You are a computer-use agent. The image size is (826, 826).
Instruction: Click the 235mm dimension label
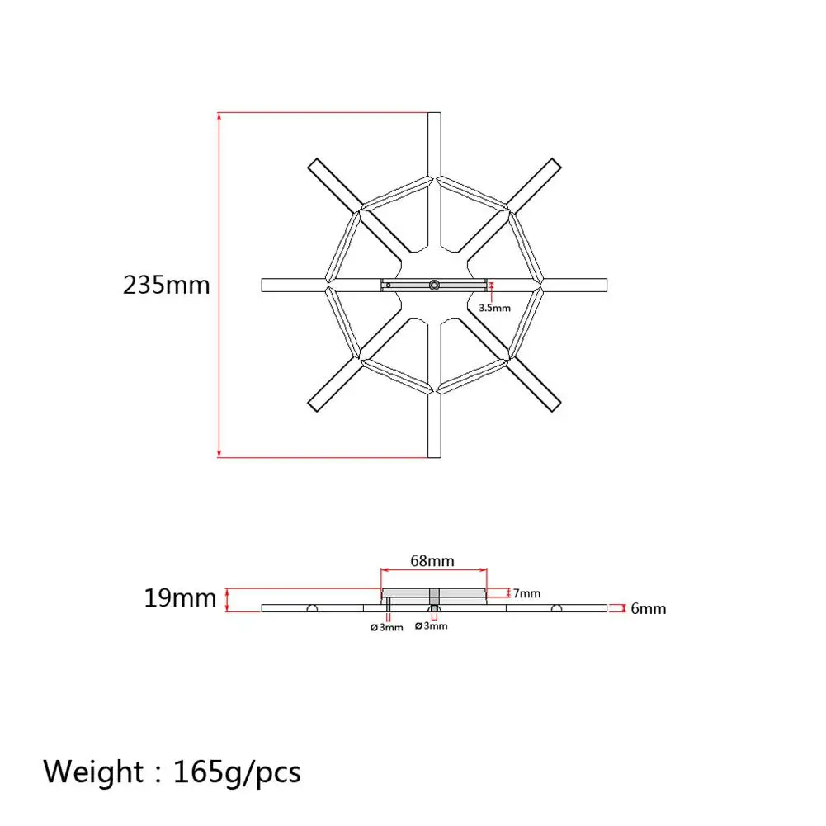pyautogui.click(x=167, y=285)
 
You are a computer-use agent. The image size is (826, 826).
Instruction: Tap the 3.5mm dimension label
pyautogui.click(x=494, y=308)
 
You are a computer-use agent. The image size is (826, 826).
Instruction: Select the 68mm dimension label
pyautogui.click(x=432, y=561)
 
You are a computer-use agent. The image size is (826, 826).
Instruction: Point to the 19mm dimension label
pyautogui.click(x=180, y=598)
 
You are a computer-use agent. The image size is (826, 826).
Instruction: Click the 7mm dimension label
pyautogui.click(x=526, y=593)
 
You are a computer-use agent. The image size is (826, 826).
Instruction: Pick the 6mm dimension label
pyautogui.click(x=649, y=609)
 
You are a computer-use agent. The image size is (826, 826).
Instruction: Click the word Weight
pyautogui.click(x=93, y=772)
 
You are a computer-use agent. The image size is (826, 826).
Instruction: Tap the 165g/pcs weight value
pyautogui.click(x=237, y=773)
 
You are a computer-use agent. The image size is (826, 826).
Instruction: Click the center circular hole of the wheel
pyautogui.click(x=434, y=285)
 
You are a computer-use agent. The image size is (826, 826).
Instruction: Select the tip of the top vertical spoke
pyautogui.click(x=434, y=113)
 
